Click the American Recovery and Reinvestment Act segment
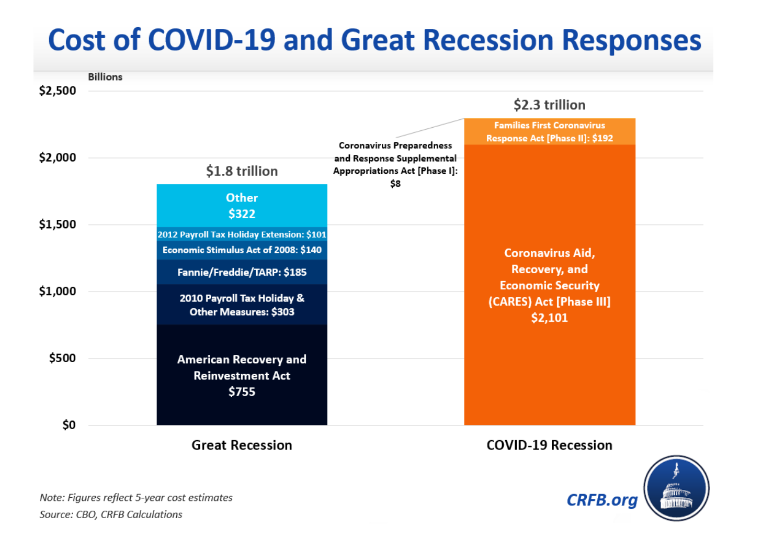click(x=242, y=375)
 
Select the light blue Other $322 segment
click(x=242, y=206)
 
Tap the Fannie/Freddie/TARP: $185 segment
click(x=242, y=272)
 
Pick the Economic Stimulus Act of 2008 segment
click(x=242, y=250)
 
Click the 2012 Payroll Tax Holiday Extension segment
click(x=242, y=234)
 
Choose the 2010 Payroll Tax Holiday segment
click(x=242, y=305)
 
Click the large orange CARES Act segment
click(x=549, y=285)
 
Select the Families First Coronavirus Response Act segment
click(x=549, y=131)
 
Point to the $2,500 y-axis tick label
click(x=58, y=91)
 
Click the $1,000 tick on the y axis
click(x=58, y=291)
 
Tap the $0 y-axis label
click(x=69, y=425)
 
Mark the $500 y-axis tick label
click(x=62, y=358)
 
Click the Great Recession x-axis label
click(x=242, y=445)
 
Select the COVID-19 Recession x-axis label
click(x=549, y=445)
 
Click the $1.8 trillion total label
click(x=242, y=171)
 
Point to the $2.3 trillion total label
click(x=549, y=105)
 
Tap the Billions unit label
click(x=105, y=77)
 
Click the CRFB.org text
click(x=602, y=500)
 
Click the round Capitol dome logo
click(x=676, y=488)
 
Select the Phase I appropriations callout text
click(x=395, y=164)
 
